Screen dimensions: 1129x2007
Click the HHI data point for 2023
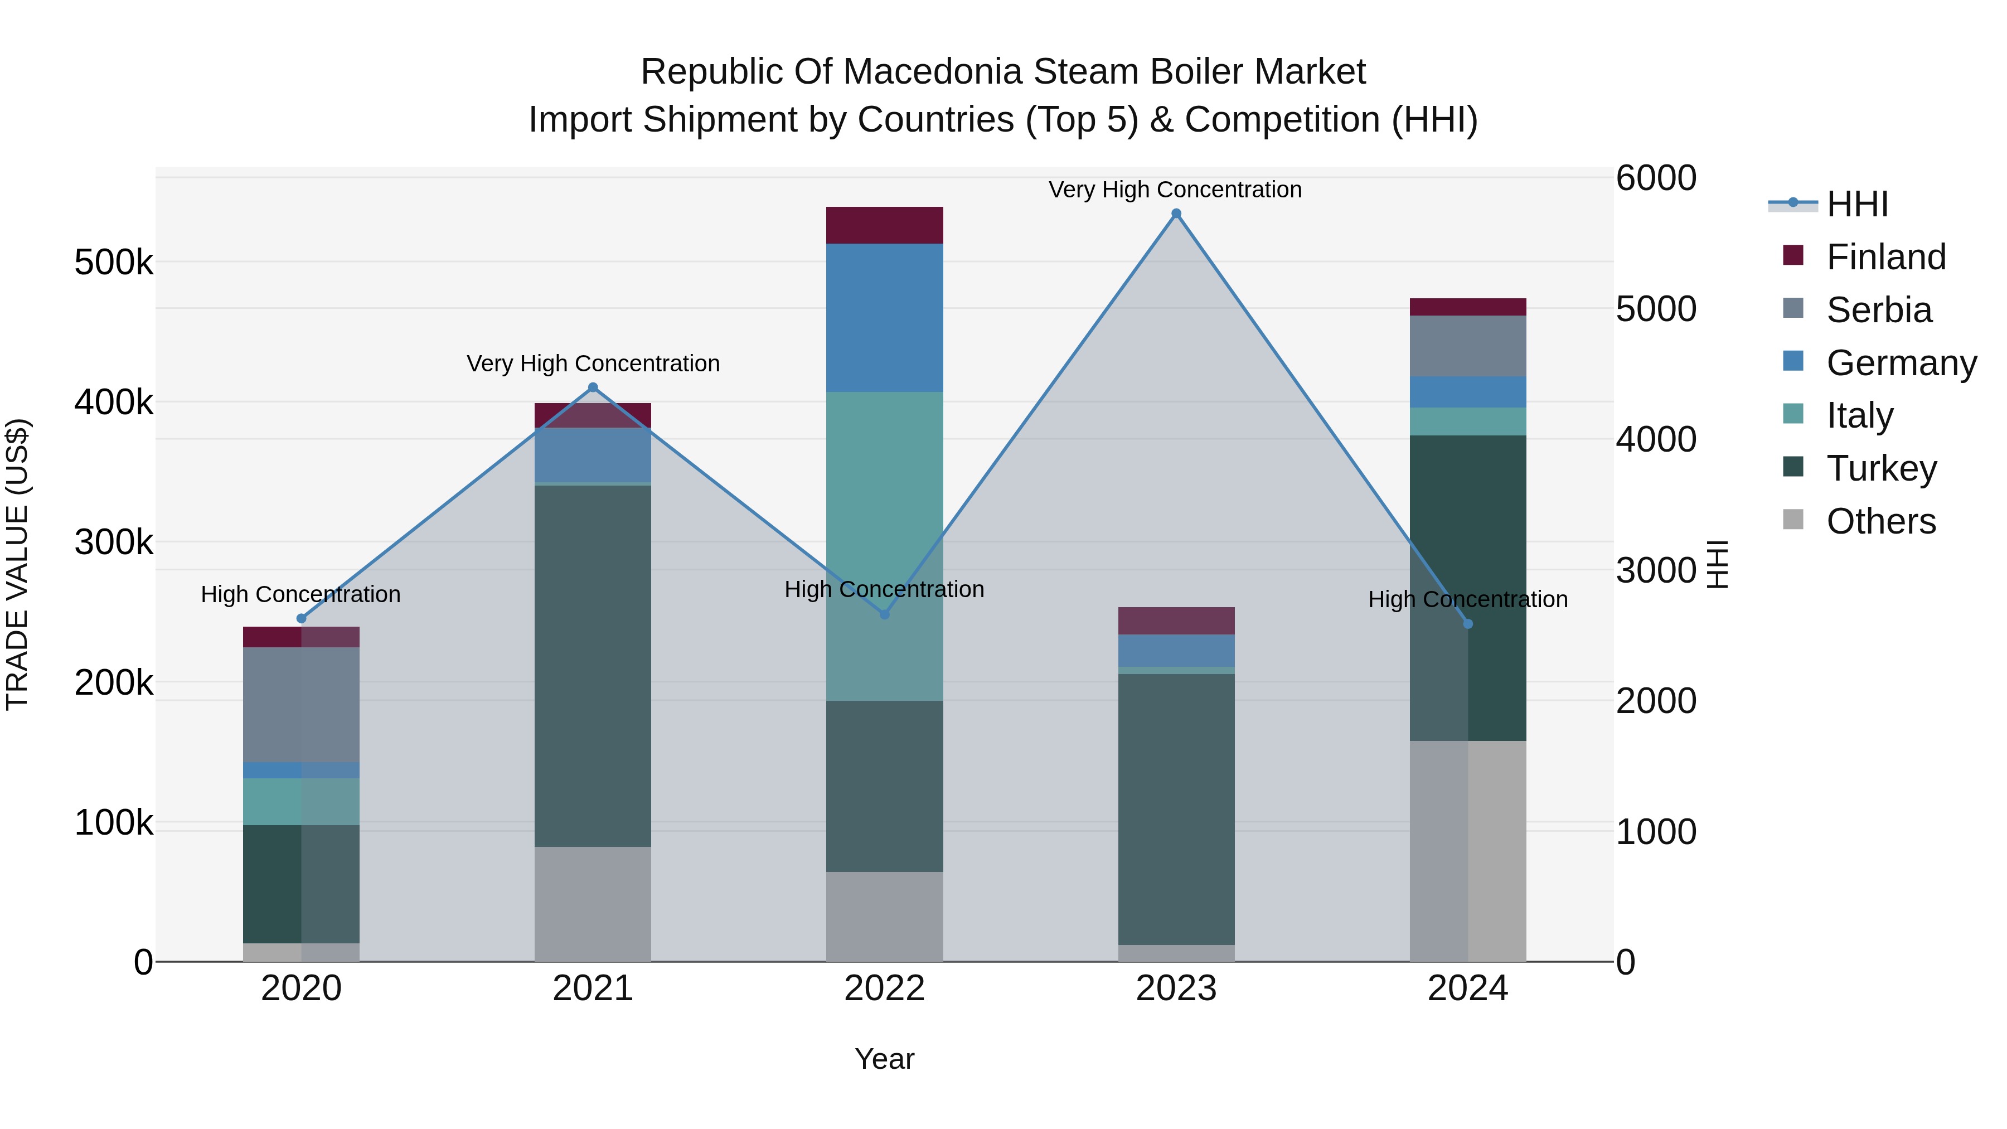pos(1176,214)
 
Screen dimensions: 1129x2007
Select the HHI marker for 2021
pos(593,387)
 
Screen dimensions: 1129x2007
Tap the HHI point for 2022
pos(884,614)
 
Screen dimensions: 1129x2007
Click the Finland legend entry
pos(1885,257)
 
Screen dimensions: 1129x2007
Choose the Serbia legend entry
pos(1878,310)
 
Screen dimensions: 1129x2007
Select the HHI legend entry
pos(1856,204)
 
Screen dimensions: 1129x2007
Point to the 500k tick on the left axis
pos(114,263)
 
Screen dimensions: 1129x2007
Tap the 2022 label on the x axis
pos(884,989)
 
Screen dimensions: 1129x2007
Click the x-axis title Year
pos(884,1059)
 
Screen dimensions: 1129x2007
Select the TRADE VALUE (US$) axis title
pos(17,564)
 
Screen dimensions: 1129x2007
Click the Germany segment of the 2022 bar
pos(884,317)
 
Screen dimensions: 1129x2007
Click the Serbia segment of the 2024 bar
pos(1468,346)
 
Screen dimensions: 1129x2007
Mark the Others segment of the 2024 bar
pos(1468,851)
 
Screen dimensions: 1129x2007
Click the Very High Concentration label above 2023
pos(1175,190)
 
